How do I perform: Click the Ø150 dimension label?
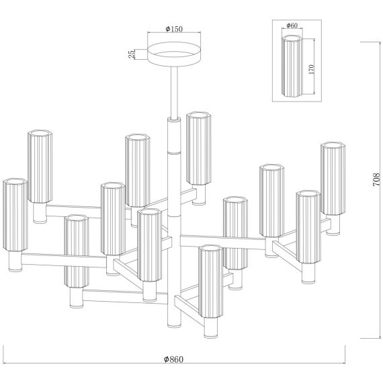coord(174,29)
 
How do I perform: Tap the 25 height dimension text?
coord(132,54)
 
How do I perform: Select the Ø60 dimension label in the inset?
coord(292,26)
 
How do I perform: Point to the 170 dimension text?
coord(311,69)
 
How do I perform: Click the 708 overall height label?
coord(376,179)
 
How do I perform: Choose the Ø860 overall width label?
coord(173,359)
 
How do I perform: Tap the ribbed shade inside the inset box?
coord(292,66)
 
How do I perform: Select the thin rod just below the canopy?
coord(174,92)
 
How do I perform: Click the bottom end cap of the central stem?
coord(175,325)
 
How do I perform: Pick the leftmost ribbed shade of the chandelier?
coord(15,215)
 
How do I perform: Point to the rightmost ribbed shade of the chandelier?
coord(333,178)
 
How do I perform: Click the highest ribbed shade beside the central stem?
coord(199,148)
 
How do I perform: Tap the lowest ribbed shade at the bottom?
coord(211,282)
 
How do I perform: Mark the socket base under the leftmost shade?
coord(15,261)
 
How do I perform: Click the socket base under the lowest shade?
coord(211,328)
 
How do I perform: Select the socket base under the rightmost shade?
coord(333,225)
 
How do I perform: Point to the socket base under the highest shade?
coord(199,195)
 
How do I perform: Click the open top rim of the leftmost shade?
coord(15,181)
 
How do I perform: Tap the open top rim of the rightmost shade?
coord(333,145)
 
